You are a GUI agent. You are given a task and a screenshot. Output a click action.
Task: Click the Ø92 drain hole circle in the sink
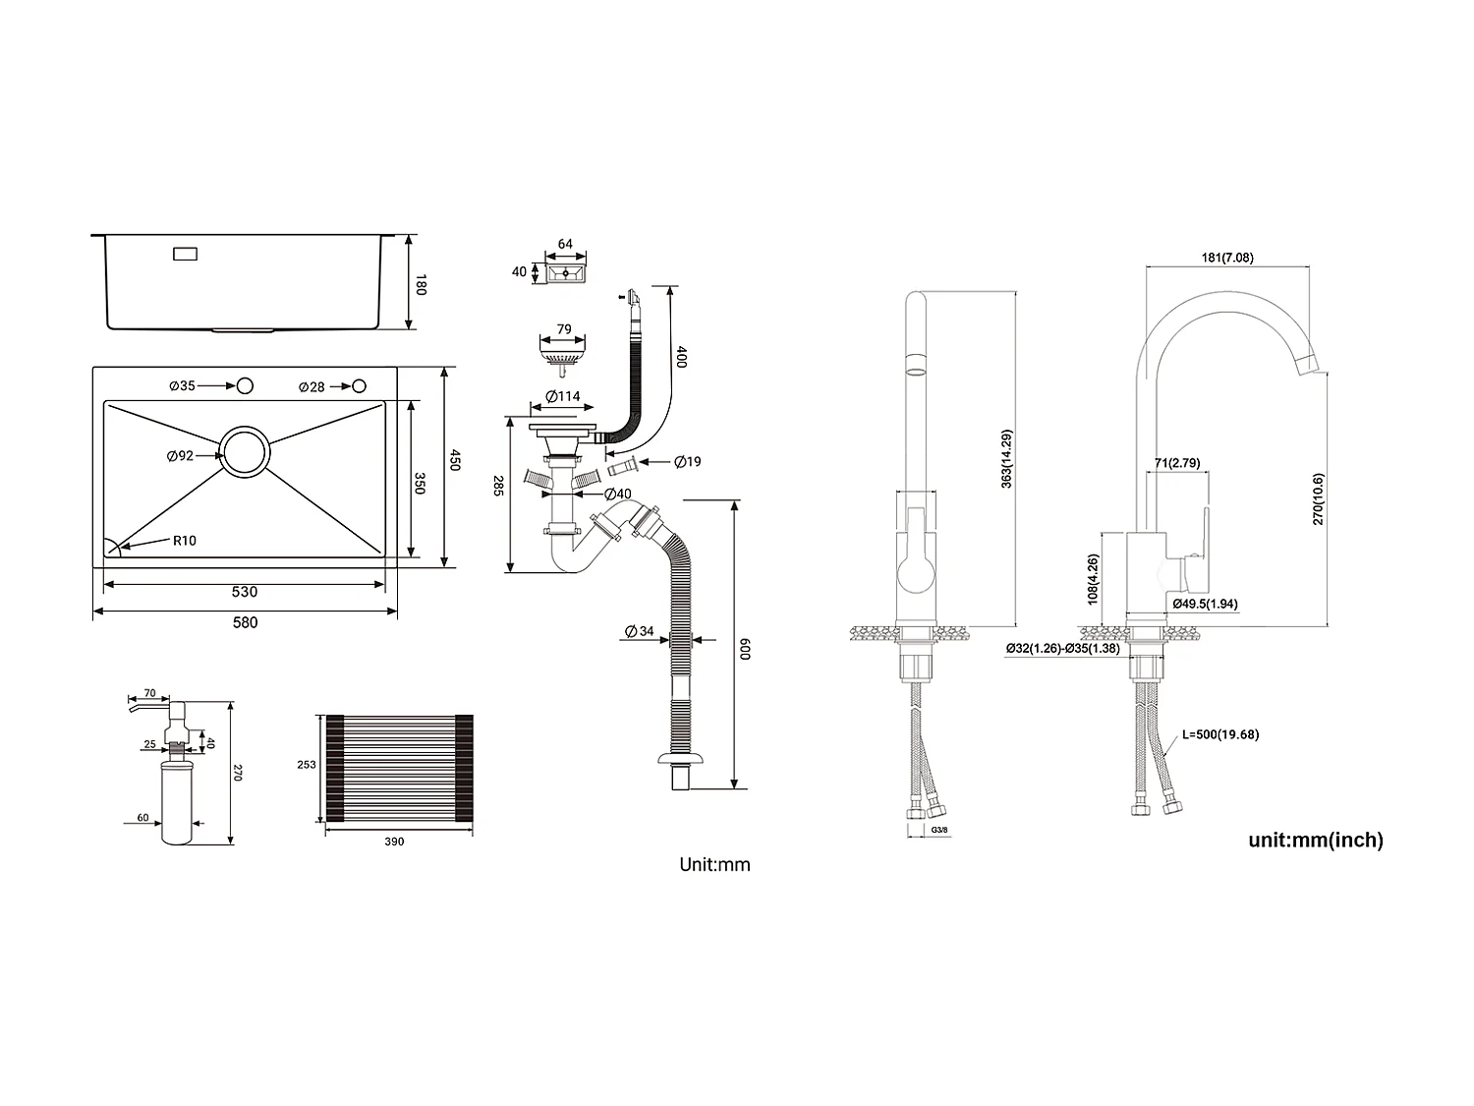(x=245, y=453)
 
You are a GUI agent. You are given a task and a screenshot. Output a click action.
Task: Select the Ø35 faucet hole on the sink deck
(x=244, y=385)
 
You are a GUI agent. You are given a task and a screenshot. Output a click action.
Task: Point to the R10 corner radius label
(x=185, y=541)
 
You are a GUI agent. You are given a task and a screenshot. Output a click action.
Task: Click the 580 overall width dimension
(x=245, y=622)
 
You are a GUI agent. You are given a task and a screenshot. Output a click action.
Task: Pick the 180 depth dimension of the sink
(x=421, y=285)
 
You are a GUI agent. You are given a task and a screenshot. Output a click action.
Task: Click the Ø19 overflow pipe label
(x=688, y=461)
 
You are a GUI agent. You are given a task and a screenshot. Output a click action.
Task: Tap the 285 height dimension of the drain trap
(x=497, y=486)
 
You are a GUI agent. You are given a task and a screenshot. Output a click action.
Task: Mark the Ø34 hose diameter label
(x=640, y=631)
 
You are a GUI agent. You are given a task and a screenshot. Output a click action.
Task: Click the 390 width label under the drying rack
(x=394, y=842)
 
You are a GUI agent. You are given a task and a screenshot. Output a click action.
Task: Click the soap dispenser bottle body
(x=178, y=806)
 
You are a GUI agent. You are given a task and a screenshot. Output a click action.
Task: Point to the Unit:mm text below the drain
(x=714, y=865)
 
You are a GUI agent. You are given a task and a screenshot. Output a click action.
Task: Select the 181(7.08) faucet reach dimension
(x=1227, y=258)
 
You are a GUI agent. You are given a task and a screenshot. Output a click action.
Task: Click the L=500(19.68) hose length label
(x=1220, y=734)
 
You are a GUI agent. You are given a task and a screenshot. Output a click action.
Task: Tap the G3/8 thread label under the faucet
(x=939, y=831)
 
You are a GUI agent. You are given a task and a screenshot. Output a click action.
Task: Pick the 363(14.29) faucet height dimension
(x=1006, y=459)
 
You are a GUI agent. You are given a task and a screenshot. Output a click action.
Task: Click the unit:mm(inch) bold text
(x=1316, y=840)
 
